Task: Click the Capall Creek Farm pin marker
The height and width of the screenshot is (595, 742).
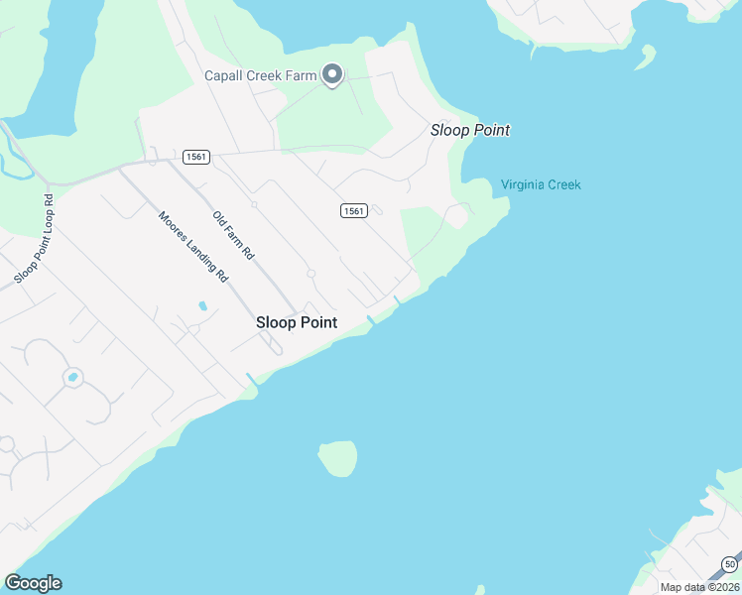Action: (x=333, y=74)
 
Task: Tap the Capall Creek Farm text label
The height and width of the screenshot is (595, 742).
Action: (x=260, y=75)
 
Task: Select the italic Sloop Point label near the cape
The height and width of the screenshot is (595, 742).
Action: (x=470, y=130)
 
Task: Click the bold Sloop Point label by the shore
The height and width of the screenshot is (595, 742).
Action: (x=297, y=322)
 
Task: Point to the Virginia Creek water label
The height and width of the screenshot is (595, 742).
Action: (x=541, y=184)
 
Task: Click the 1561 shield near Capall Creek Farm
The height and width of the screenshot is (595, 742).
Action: (x=193, y=157)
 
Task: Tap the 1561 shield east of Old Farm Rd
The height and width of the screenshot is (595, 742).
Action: (x=354, y=210)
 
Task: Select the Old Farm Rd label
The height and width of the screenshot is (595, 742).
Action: (x=235, y=236)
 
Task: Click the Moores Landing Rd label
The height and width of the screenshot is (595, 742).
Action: (x=193, y=246)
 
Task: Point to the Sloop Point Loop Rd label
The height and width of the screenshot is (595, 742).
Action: (x=35, y=238)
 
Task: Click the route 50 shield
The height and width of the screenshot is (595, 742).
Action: (x=729, y=563)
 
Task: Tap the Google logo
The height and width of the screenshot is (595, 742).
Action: (x=33, y=583)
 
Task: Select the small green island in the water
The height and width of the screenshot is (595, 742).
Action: (x=337, y=458)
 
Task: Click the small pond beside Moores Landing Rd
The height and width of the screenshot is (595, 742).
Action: (x=202, y=305)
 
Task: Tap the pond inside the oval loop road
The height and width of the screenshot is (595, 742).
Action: (x=71, y=378)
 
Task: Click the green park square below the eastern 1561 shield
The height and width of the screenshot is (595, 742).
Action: (x=422, y=230)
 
